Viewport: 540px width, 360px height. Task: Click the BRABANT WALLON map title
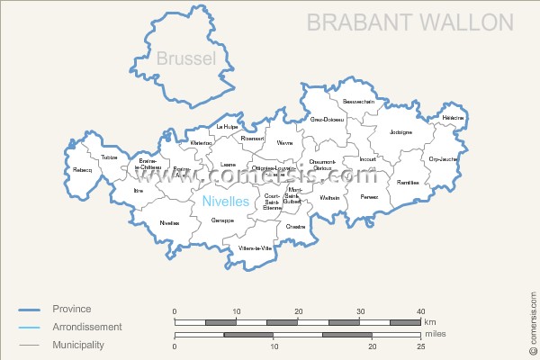pos(410,22)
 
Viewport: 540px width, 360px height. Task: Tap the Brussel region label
pos(186,59)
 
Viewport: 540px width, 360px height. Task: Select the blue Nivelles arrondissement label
pos(225,202)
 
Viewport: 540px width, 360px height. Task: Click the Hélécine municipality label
pos(454,118)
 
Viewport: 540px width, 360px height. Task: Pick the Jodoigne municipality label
pos(400,132)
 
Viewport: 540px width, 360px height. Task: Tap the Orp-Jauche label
pos(442,159)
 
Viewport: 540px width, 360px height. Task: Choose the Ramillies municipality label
pos(408,182)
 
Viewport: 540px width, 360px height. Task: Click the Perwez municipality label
pos(369,195)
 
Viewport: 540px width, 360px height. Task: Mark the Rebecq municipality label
pos(83,169)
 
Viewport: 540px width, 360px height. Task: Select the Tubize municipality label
pos(110,157)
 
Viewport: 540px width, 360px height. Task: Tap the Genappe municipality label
pos(222,220)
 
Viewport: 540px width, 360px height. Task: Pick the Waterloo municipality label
pos(202,142)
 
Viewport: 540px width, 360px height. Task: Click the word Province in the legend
pos(72,309)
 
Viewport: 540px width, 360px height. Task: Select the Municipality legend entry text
pos(78,345)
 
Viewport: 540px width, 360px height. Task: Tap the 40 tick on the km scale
pos(420,311)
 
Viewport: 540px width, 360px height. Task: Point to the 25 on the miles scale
pos(420,346)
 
